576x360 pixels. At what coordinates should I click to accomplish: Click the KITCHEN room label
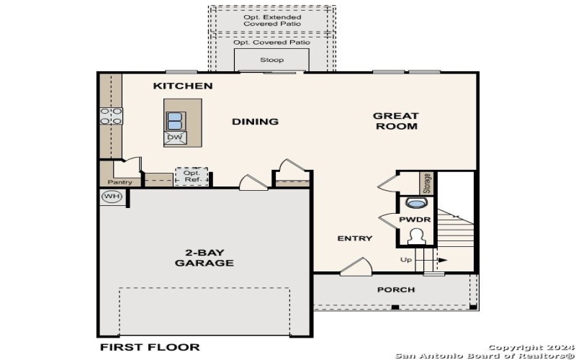pos(183,86)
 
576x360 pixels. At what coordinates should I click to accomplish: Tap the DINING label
pos(255,122)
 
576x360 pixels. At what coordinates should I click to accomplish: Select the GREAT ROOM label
pos(395,121)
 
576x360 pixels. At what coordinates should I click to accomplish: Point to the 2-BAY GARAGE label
pos(204,258)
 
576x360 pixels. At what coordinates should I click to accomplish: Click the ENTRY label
pos(355,238)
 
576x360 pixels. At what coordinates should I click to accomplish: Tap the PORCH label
pos(396,289)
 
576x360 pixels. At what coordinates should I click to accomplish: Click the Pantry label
pos(121,182)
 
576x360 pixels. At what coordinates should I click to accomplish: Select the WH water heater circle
pos(112,197)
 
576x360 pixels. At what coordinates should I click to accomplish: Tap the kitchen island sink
pos(175,120)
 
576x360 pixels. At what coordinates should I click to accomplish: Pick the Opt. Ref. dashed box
pos(192,176)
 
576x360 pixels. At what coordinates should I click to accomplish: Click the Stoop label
pos(271,60)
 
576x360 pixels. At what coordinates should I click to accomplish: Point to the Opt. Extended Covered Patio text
pos(272,20)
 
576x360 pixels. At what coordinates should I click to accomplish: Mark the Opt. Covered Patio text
pos(272,42)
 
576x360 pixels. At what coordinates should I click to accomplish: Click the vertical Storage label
pos(426,183)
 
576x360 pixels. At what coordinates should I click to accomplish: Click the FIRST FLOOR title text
pos(149,347)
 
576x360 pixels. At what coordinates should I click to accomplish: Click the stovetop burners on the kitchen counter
pos(111,116)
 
